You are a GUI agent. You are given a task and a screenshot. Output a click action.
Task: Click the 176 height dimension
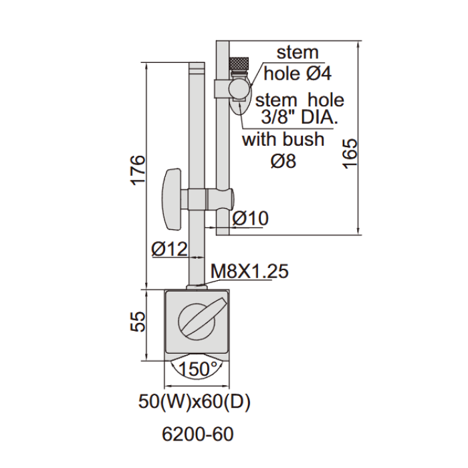coord(136,170)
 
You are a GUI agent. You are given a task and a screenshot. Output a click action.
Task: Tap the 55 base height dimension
coord(136,322)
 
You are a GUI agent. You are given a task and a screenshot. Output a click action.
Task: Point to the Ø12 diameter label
coord(168,249)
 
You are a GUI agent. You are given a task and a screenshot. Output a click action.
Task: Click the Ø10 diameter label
coord(250,218)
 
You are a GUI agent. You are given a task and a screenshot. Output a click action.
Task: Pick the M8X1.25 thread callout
coord(249,271)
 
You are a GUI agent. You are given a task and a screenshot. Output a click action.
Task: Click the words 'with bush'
coord(283,140)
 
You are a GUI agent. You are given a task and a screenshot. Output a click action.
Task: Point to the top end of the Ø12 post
coord(197,68)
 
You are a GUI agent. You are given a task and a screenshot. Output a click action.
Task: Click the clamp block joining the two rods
coord(209,199)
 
